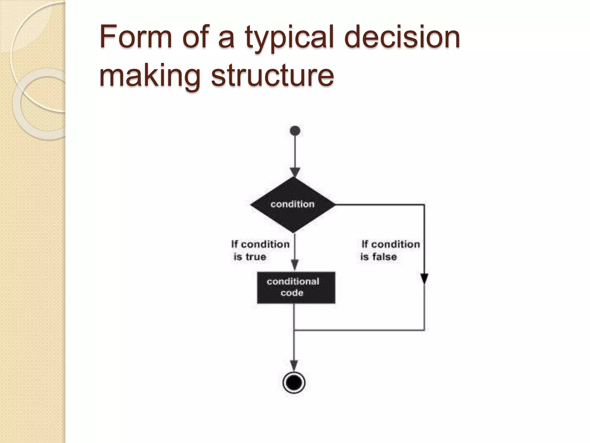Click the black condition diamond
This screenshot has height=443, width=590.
(x=293, y=204)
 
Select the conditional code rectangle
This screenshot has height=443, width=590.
(x=296, y=287)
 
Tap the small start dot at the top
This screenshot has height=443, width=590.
(x=295, y=131)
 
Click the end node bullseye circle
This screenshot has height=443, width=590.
(x=294, y=383)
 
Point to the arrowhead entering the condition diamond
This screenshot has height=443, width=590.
(x=295, y=172)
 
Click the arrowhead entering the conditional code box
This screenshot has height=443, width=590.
(x=294, y=265)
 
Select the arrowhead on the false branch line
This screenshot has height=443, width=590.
(x=424, y=279)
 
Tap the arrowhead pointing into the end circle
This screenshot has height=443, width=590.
(x=294, y=366)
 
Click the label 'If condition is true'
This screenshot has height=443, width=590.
(x=260, y=250)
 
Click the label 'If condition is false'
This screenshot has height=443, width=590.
(x=390, y=250)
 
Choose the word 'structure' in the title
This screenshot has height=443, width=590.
(x=272, y=76)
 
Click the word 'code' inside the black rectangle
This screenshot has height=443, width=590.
(x=292, y=293)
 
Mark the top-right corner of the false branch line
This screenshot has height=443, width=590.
(x=424, y=204)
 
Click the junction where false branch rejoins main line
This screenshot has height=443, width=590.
(x=294, y=330)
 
